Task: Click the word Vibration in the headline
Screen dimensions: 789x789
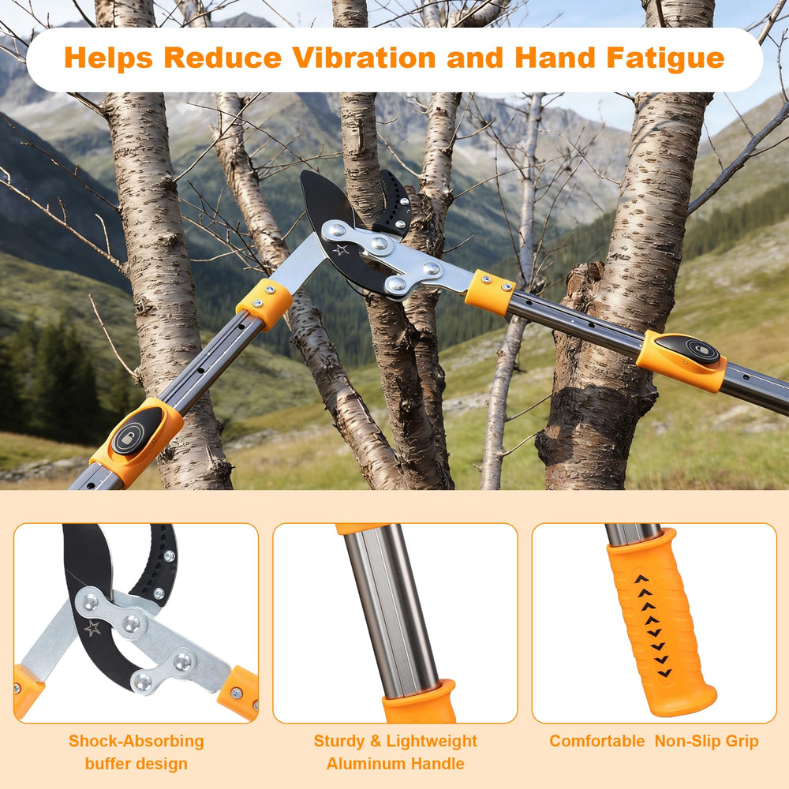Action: coord(364,58)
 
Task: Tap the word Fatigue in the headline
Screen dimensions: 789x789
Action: coord(665,59)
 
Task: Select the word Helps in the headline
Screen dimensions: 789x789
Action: coord(108,59)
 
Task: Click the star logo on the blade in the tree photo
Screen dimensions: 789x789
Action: coord(341,249)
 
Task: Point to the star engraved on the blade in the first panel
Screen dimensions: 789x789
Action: coord(92,628)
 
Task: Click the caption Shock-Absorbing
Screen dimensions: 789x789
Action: coord(136,741)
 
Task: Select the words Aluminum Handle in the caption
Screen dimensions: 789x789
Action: coord(395,763)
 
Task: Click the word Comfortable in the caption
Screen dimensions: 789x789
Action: coord(596,741)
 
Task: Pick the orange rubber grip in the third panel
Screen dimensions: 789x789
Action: coord(660,622)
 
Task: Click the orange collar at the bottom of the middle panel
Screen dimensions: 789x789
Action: coord(419,702)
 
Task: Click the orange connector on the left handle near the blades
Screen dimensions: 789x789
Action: coord(264,304)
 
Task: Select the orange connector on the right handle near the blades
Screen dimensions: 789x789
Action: coord(490,293)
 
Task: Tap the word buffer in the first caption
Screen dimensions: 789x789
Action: coord(110,763)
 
